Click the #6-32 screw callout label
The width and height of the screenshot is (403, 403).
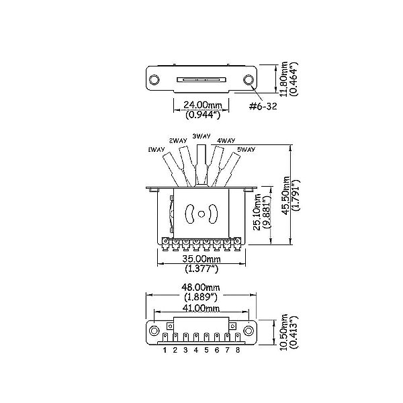(263, 106)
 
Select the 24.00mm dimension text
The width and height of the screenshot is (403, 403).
(203, 105)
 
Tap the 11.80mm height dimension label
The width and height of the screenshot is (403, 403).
(284, 79)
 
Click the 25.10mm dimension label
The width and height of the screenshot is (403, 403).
(258, 212)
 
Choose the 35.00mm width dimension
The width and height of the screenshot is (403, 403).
(201, 259)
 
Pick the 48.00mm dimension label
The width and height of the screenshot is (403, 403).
(201, 287)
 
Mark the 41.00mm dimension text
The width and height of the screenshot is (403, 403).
(201, 308)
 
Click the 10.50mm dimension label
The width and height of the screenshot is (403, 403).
(284, 332)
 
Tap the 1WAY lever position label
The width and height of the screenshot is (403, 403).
(156, 150)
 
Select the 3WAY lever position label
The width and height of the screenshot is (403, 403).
(201, 136)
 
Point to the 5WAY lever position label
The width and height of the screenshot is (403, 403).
(246, 149)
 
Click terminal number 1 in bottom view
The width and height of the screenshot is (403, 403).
(165, 350)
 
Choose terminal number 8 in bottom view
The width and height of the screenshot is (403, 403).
(238, 350)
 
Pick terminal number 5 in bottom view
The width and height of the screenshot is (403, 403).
(206, 350)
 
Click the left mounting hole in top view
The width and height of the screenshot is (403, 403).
(154, 79)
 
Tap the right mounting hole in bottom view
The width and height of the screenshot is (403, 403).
(249, 330)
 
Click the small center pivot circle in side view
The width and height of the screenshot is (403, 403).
(201, 214)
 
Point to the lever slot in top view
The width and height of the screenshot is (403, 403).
(201, 79)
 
